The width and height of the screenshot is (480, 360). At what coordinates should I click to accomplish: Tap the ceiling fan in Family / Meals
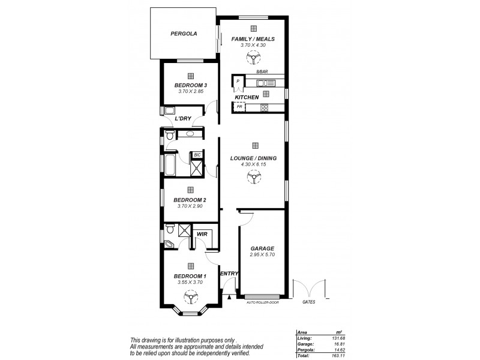(x=254, y=58)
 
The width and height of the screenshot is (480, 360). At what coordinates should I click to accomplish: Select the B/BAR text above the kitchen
(x=261, y=71)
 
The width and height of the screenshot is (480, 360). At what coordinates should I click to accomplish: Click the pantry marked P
(x=238, y=81)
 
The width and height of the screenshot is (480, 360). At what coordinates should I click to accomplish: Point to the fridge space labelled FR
(x=239, y=107)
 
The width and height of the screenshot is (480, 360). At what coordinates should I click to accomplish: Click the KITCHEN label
(x=247, y=97)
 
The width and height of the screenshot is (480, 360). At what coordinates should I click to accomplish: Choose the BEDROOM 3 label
(x=190, y=85)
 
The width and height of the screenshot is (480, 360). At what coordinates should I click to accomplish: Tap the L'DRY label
(x=182, y=119)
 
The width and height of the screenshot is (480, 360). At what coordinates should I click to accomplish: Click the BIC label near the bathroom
(x=197, y=155)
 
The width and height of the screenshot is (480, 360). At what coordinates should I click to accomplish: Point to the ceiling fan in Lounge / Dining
(x=254, y=176)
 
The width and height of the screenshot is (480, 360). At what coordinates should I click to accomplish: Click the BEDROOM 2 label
(x=190, y=200)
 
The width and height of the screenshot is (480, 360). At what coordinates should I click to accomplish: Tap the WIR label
(x=202, y=234)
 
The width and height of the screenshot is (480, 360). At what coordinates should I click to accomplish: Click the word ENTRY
(x=230, y=274)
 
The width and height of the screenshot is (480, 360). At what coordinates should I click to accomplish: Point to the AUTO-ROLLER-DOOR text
(x=263, y=302)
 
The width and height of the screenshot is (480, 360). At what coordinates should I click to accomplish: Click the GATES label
(x=309, y=302)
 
